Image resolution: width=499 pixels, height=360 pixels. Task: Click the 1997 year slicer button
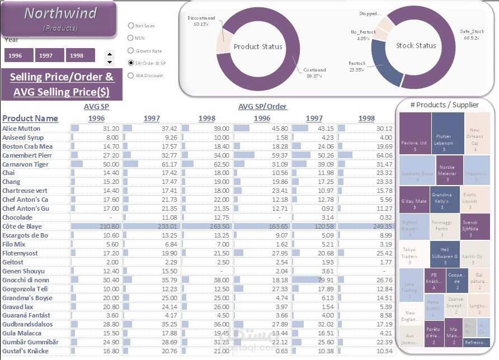pyautogui.click(x=49, y=55)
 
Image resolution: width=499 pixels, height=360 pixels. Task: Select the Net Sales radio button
pyautogui.click(x=131, y=26)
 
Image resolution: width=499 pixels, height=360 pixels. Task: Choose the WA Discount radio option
pyautogui.click(x=131, y=75)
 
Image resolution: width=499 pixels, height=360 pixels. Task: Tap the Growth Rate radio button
pyautogui.click(x=131, y=51)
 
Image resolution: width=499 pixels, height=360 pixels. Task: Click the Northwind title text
pyautogui.click(x=60, y=13)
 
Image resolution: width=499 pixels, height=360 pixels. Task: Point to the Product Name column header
pyautogui.click(x=30, y=118)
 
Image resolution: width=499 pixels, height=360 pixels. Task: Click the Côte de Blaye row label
pyautogui.click(x=22, y=226)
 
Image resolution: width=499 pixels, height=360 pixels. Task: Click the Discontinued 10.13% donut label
pyautogui.click(x=201, y=21)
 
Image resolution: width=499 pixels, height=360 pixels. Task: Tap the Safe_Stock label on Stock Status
pyautogui.click(x=472, y=35)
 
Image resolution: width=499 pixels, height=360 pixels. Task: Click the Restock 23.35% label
pyautogui.click(x=356, y=66)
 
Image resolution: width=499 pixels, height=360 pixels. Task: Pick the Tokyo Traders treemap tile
pyautogui.click(x=409, y=255)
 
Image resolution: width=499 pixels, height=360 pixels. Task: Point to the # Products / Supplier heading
pyautogui.click(x=444, y=105)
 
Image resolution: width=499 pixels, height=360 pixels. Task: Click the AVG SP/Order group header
pyautogui.click(x=262, y=106)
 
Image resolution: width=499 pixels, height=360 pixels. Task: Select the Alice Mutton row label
pyautogui.click(x=21, y=129)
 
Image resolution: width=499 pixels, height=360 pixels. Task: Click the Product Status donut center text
pyautogui.click(x=258, y=46)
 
